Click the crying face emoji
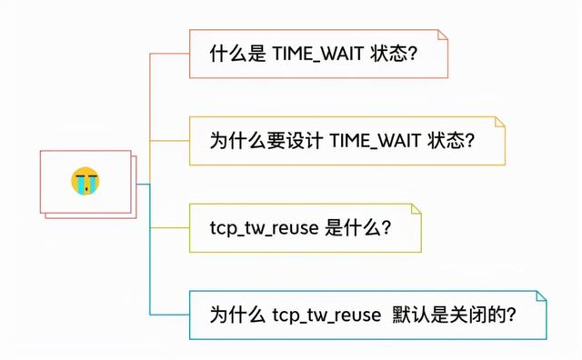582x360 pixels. click(x=85, y=182)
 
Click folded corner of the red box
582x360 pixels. click(x=442, y=35)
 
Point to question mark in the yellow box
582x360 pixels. click(x=386, y=228)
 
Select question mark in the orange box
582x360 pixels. click(x=471, y=141)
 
